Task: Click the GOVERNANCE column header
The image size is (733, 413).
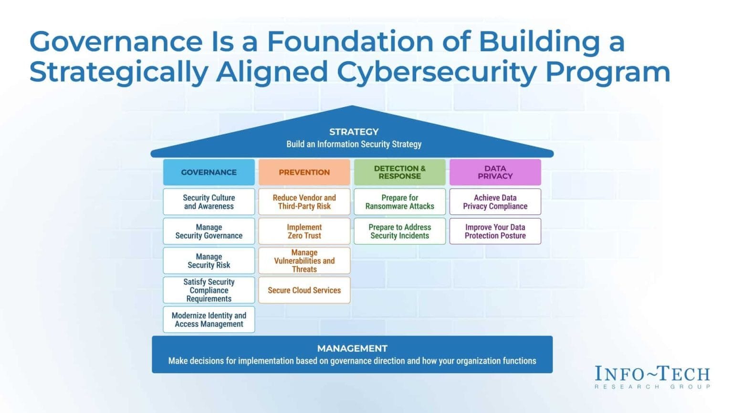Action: pos(209,172)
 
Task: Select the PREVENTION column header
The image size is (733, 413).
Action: pos(304,172)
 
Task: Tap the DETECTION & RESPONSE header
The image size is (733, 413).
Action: pos(399,172)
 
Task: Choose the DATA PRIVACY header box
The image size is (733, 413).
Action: pos(495,172)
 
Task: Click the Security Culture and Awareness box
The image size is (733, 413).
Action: pos(209,202)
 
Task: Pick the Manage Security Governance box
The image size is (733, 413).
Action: pos(209,231)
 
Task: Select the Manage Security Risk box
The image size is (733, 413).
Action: pos(209,261)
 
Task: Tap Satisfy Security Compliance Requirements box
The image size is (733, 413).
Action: pos(209,290)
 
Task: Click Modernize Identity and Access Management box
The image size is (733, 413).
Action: pos(209,319)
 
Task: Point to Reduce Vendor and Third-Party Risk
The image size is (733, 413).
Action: pos(304,202)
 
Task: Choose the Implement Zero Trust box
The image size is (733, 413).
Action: pos(304,231)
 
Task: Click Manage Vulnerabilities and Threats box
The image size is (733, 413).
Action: pos(304,261)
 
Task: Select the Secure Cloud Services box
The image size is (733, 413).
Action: pos(304,290)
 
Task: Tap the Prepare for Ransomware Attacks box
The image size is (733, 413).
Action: pos(399,202)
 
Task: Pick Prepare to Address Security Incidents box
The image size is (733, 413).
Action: pos(399,231)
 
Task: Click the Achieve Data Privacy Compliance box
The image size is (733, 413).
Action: pos(495,202)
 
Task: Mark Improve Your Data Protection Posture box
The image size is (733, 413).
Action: pos(495,231)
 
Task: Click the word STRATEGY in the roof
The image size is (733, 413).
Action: pos(354,131)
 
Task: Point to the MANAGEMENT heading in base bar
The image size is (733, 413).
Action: pos(352,348)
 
